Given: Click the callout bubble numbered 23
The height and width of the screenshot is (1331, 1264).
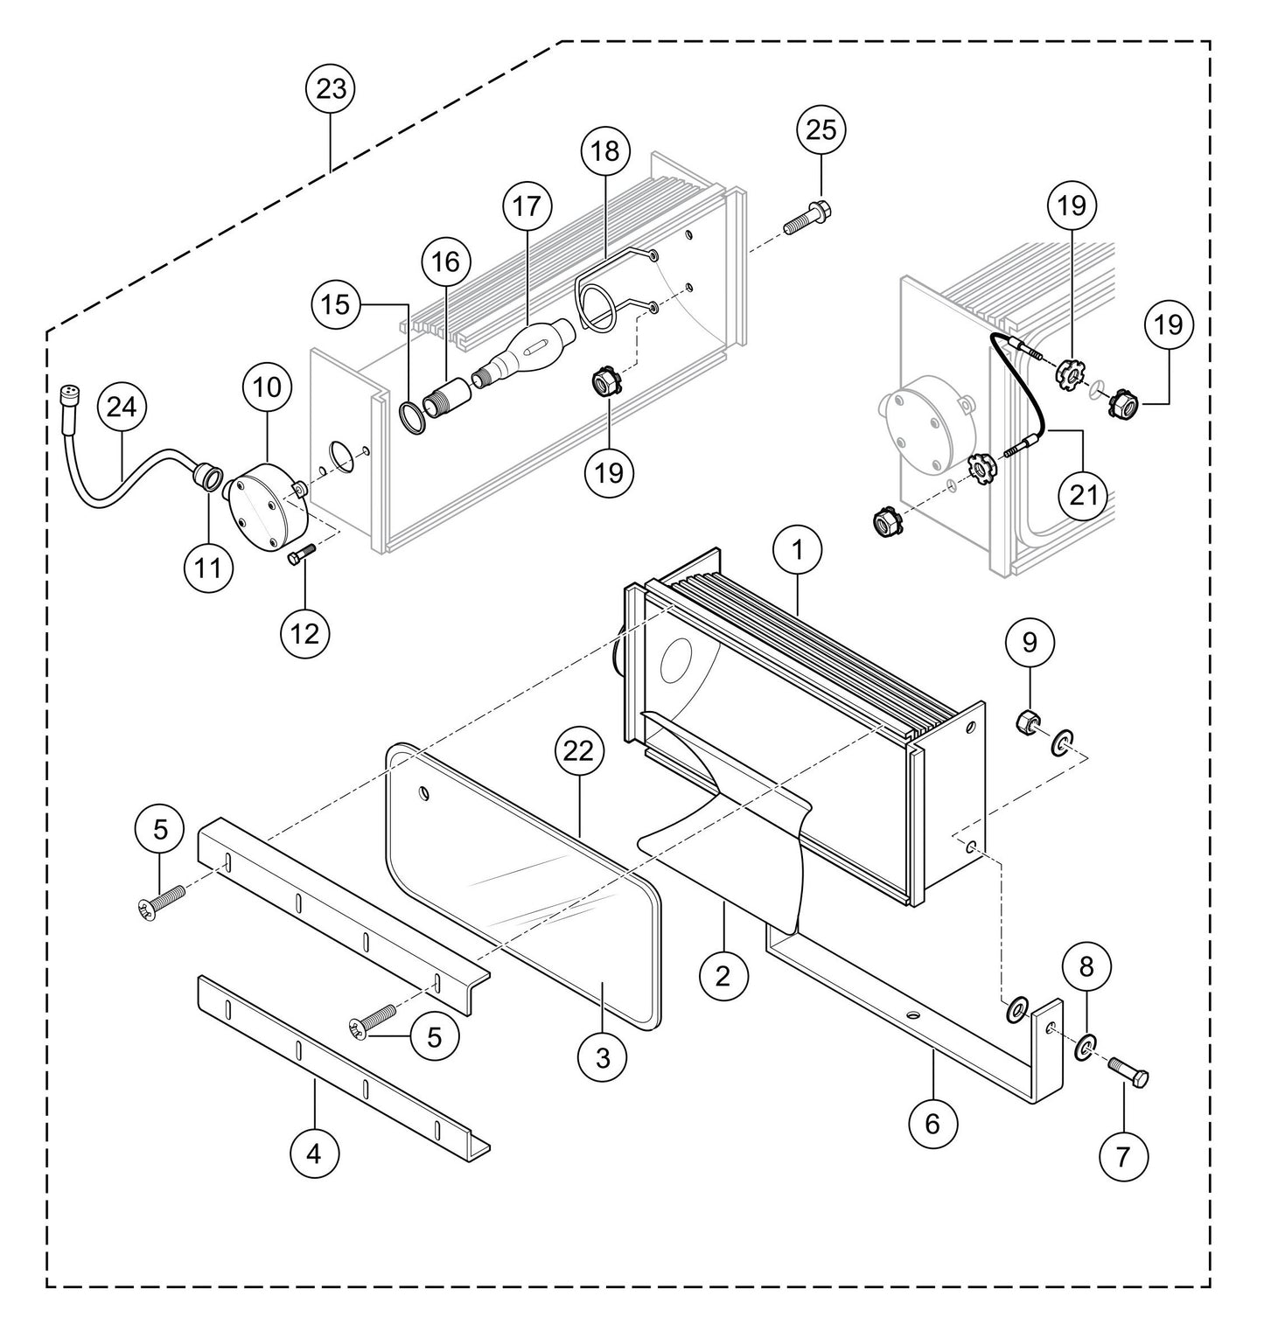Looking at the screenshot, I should (x=332, y=89).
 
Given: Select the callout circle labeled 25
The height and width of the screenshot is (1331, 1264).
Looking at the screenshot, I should (x=821, y=129).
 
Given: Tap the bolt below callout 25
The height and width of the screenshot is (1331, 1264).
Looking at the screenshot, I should (x=807, y=217).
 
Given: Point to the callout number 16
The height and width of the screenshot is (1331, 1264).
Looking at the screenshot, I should (x=445, y=261).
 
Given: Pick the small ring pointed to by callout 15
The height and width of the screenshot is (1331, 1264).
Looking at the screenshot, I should (x=413, y=416).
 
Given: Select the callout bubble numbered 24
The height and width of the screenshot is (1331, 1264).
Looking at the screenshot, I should (x=122, y=407).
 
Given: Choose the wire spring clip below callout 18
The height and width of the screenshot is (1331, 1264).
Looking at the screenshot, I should (x=604, y=297).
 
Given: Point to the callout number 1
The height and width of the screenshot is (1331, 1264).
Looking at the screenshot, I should (x=798, y=551).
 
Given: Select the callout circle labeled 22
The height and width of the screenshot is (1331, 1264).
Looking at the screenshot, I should (x=580, y=751).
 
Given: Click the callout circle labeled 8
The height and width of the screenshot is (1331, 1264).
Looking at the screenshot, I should (x=1086, y=967).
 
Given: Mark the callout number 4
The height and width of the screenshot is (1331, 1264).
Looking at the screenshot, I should (x=313, y=1153).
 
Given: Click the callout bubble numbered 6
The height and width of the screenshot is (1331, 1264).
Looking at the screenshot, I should (x=932, y=1123).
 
